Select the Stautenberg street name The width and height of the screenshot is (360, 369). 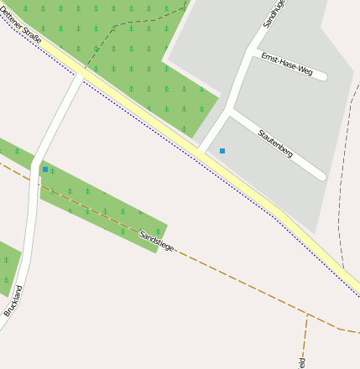click(275, 143)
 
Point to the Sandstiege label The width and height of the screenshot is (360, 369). click(157, 241)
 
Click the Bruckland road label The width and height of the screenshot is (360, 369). click(13, 299)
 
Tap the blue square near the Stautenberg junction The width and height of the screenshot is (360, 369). click(222, 151)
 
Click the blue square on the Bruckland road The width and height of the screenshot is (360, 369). click(45, 169)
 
